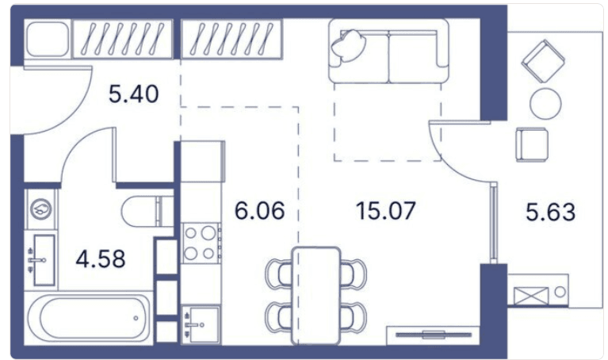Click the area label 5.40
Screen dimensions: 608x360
point(134,94)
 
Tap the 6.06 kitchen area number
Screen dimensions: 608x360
point(260,211)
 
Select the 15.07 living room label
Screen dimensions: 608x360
point(386,211)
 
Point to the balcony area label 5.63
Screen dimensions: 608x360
point(551,213)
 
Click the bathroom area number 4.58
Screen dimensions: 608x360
point(101,259)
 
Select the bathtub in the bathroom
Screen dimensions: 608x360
point(89,318)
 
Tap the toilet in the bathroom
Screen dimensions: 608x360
point(147,212)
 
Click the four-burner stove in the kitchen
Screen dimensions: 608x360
point(201,243)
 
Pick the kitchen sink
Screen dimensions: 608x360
point(201,324)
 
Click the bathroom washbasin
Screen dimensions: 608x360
point(42,260)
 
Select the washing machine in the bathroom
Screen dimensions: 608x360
point(41,209)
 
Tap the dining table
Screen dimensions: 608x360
point(316,296)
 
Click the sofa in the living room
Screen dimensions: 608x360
point(388,52)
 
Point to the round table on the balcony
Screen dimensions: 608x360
point(545,104)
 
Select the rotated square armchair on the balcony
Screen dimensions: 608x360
point(543,61)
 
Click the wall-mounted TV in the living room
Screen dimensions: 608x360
point(434,335)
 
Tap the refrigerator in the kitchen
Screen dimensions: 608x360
point(203,162)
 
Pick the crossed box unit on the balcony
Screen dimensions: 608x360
point(531,296)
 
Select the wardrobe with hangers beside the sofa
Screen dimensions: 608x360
point(232,39)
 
